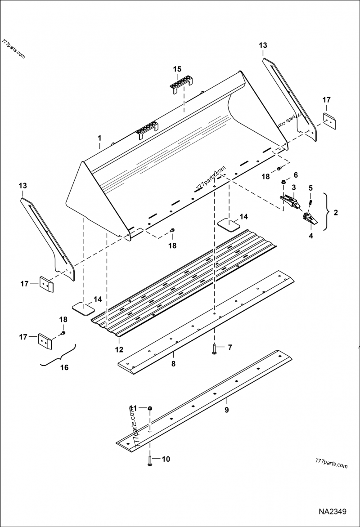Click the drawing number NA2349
(332, 512)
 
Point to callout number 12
(119, 349)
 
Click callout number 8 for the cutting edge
(173, 364)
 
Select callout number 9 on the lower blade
(227, 410)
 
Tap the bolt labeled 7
(215, 349)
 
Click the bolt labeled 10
(150, 460)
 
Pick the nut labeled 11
(150, 408)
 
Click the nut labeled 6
(283, 181)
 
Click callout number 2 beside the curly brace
(336, 213)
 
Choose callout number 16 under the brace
(64, 367)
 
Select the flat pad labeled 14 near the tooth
(228, 223)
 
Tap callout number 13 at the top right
(263, 45)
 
